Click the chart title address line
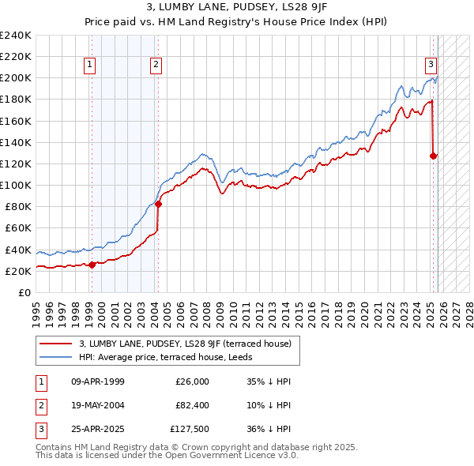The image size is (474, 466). [x=237, y=8]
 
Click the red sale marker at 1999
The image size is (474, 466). [x=92, y=265]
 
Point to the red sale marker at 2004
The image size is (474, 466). [x=158, y=204]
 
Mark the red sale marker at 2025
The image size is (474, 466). [x=433, y=156]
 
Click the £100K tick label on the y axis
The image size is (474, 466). [x=16, y=185]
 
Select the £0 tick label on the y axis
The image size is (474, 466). [x=24, y=292]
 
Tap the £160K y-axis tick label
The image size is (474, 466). [x=16, y=121]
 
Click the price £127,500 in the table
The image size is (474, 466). [x=190, y=430]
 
